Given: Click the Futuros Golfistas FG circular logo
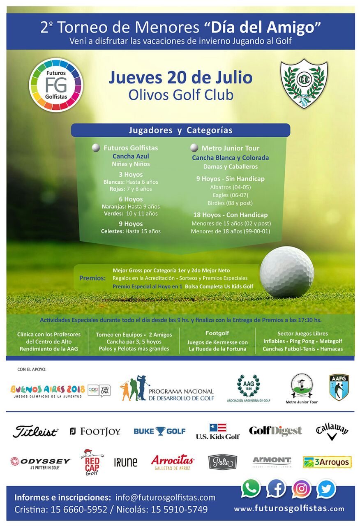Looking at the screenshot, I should point(56,85).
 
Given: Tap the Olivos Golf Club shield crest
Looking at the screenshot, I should point(304,83).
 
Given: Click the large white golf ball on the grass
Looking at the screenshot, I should point(286,272).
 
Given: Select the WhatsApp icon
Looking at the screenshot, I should point(251,489).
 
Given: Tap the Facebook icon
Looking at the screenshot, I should point(276,489).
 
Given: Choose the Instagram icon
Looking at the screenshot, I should point(301,489).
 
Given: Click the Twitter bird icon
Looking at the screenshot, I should point(326,489).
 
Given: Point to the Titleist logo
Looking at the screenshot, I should point(35,431).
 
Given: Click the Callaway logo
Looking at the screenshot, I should point(332,431).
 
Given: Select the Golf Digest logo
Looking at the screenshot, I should point(275,431).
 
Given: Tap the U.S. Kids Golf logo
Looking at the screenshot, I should point(217,431).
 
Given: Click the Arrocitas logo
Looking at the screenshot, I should point(173,462).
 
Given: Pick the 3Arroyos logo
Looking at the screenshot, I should point(327,462).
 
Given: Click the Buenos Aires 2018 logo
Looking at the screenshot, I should point(48,390).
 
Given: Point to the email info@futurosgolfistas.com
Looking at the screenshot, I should point(165,497).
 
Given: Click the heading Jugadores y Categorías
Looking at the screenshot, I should point(180,130).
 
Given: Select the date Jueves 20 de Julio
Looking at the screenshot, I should point(180,77).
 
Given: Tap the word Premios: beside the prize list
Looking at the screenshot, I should point(92,278).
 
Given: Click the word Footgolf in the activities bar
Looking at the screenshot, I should point(217,333).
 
